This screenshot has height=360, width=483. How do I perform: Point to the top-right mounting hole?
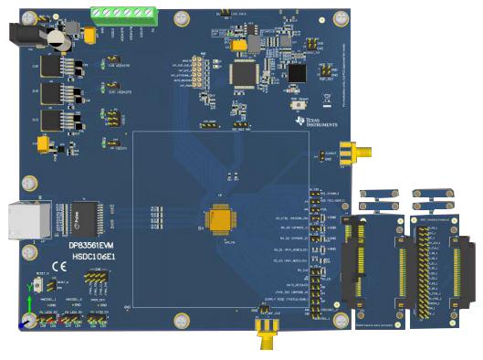click(340, 16)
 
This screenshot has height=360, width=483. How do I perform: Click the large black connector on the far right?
click(466, 265)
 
